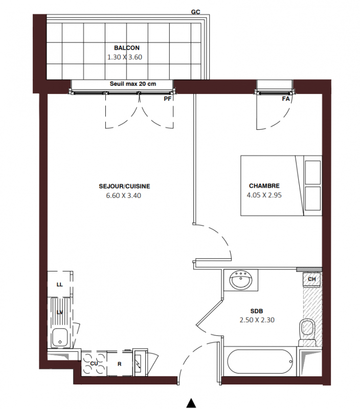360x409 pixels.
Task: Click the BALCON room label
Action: pyautogui.click(x=127, y=48)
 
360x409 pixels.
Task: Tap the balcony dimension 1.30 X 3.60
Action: pyautogui.click(x=125, y=57)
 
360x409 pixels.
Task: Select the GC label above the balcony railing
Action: pyautogui.click(x=196, y=12)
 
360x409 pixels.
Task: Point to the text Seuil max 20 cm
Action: pyautogui.click(x=133, y=84)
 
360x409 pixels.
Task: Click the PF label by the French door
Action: pyautogui.click(x=168, y=99)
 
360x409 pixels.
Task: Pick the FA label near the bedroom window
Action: pyautogui.click(x=286, y=99)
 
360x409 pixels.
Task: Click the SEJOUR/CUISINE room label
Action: pyautogui.click(x=124, y=186)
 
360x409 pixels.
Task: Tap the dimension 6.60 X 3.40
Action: pyautogui.click(x=123, y=195)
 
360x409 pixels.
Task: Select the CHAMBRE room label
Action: pyautogui.click(x=264, y=186)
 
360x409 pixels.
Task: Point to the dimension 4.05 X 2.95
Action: pyautogui.click(x=264, y=195)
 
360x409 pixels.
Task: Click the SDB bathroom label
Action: pyautogui.click(x=257, y=311)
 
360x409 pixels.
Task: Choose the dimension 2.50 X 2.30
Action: pyautogui.click(x=257, y=320)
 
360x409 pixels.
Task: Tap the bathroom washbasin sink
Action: pyautogui.click(x=241, y=280)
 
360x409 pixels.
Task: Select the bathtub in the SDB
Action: pyautogui.click(x=260, y=361)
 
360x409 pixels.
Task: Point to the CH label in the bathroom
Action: pyautogui.click(x=312, y=279)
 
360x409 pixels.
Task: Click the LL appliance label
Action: pyautogui.click(x=60, y=285)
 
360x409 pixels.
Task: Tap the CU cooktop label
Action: pyautogui.click(x=94, y=363)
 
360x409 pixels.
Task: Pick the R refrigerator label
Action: pyautogui.click(x=120, y=364)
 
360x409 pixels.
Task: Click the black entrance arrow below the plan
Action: pyautogui.click(x=191, y=403)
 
